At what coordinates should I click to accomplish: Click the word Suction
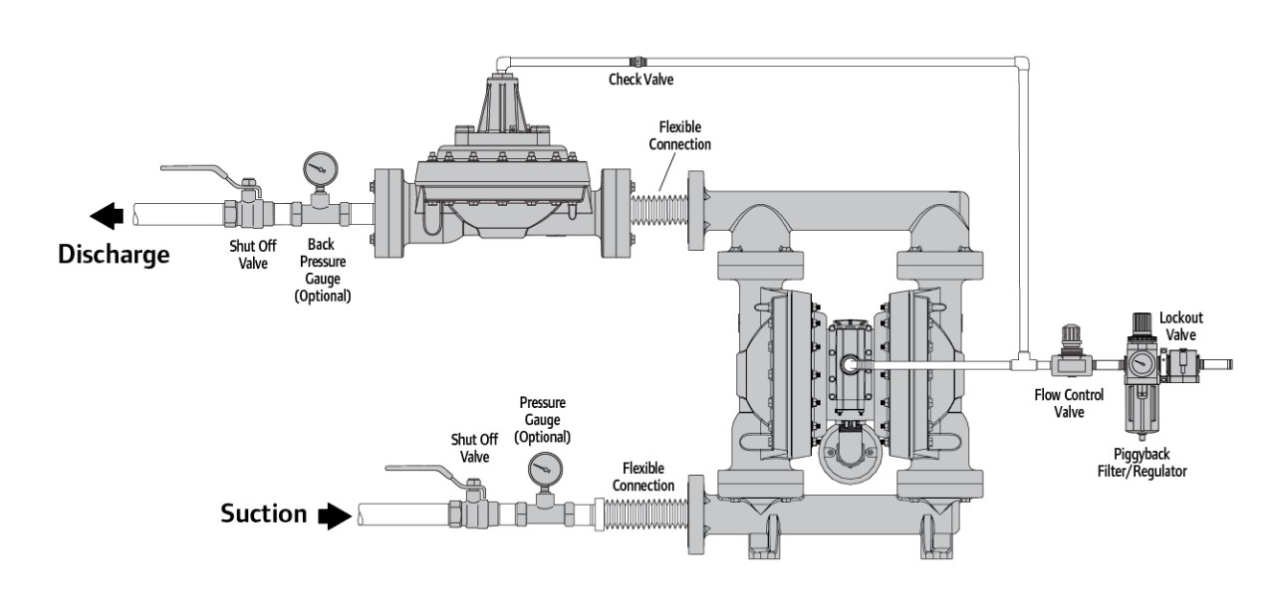[263, 513]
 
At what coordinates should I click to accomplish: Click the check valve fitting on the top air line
[634, 61]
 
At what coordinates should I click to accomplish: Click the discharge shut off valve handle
[199, 172]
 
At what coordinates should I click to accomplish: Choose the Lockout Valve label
[1182, 326]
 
